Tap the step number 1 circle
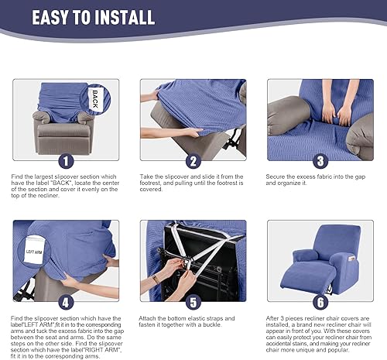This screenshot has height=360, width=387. (x=66, y=162)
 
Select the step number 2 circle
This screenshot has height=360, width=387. (x=193, y=162)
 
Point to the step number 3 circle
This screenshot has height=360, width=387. (x=320, y=162)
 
